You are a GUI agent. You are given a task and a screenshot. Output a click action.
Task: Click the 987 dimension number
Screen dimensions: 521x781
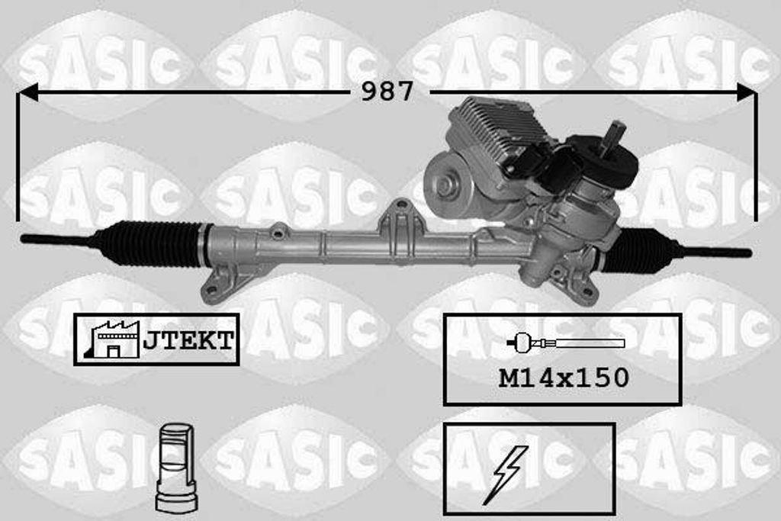[387, 92]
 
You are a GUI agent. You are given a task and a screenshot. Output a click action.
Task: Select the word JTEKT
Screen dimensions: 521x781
[188, 340]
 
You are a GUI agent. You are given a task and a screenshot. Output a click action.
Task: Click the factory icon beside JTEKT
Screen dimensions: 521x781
[114, 339]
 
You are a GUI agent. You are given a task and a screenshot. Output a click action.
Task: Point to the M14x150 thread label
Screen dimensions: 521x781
[564, 377]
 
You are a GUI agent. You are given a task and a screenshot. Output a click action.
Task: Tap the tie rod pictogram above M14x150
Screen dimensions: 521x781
[564, 343]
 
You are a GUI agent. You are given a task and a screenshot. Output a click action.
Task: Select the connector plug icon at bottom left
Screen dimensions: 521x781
[176, 468]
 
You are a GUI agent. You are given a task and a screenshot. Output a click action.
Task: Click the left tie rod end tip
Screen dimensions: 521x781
[31, 239]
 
